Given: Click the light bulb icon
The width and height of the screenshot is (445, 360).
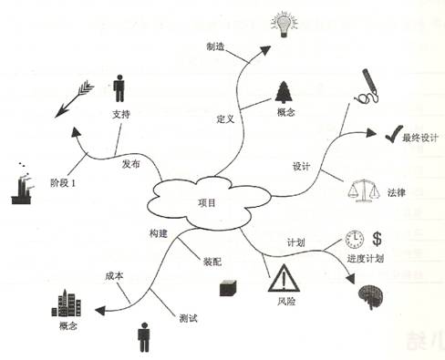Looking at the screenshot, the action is pos(283,22).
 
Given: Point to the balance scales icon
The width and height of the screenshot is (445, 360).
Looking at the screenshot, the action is pos(359,190).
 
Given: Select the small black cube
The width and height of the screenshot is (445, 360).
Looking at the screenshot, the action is pos(227,288).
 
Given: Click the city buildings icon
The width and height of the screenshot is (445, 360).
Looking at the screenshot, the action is pos(71,300).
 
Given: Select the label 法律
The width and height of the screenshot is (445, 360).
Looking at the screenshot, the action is pos(397,192).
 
